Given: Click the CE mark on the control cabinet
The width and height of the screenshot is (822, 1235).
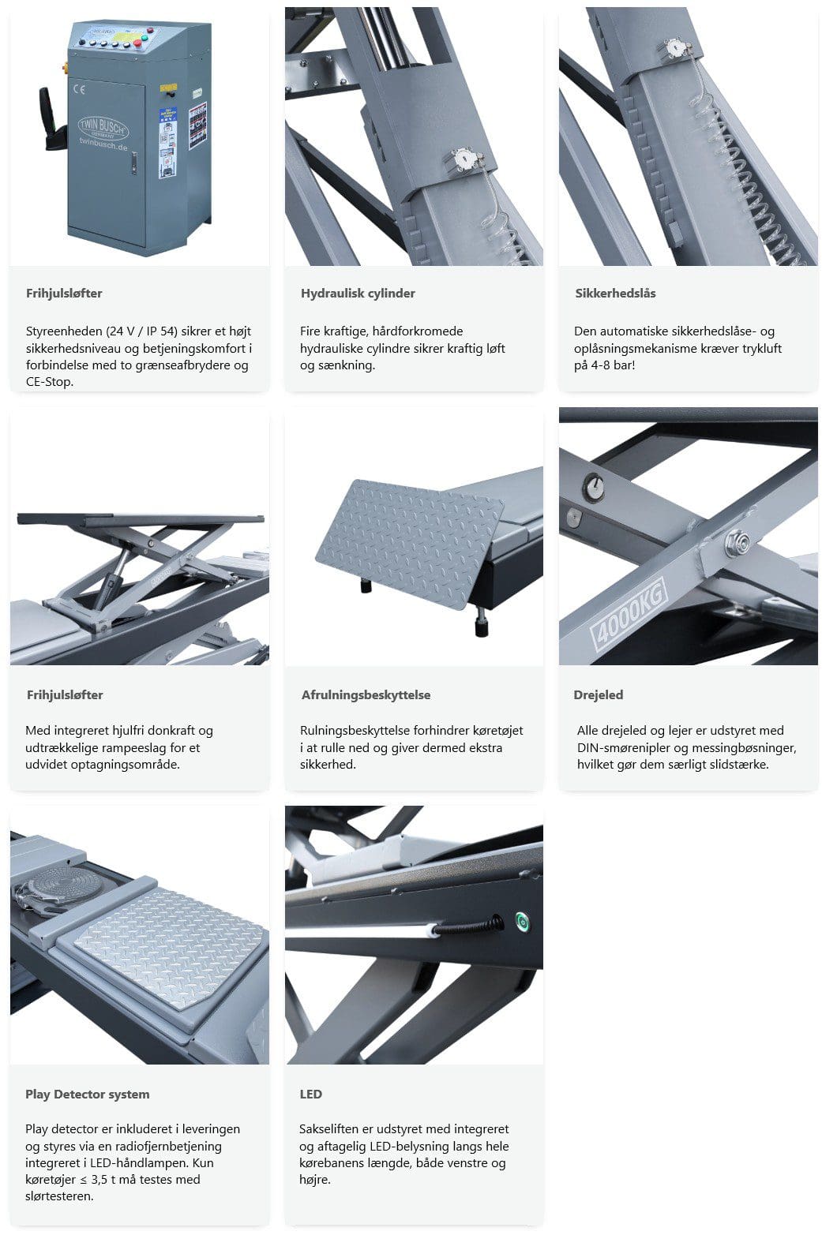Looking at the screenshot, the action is [79, 88].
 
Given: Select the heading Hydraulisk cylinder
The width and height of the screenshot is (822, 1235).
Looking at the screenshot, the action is [358, 294].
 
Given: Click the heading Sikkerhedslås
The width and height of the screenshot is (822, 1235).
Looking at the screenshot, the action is [615, 294].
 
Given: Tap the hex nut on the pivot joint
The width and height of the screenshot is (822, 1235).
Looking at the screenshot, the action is [737, 540].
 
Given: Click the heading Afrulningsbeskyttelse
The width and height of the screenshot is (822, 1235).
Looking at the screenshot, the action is [366, 694].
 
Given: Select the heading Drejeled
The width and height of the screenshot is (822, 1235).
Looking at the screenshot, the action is [598, 694].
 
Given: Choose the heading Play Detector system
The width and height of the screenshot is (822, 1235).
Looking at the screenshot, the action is [87, 1094].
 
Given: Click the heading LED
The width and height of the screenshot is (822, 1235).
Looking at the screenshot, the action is [310, 1094].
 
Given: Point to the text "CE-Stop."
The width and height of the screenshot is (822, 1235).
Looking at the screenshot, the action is [50, 381].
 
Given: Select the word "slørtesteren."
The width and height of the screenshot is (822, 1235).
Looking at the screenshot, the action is [59, 1196].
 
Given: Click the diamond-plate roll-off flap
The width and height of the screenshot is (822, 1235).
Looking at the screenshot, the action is [410, 542].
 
